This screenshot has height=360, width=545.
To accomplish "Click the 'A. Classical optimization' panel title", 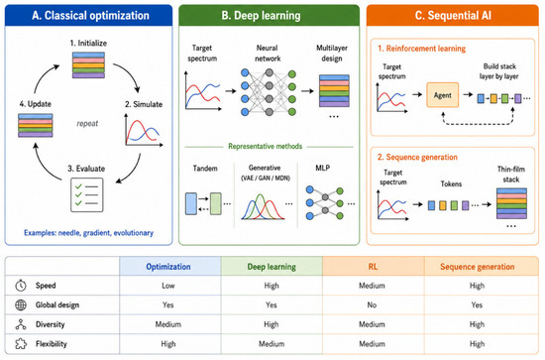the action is pos(90,15).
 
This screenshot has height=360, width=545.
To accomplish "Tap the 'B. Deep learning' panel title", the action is pos(261,15).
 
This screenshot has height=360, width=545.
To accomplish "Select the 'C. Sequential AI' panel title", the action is pos(453,15).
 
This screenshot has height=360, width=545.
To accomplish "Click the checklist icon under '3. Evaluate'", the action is pos(87,194).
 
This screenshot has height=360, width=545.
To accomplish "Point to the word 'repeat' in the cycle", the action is pos(87,124).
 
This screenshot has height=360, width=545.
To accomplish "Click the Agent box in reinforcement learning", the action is pos(443,95).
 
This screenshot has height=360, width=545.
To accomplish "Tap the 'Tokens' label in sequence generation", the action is pos(451,183).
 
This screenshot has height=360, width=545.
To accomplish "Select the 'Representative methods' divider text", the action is pos(266,146).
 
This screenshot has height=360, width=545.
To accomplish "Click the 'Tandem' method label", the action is pos(205,169).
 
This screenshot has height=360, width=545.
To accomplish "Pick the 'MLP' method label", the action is pos(323,168).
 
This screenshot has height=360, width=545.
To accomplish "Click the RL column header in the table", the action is pos(373,267).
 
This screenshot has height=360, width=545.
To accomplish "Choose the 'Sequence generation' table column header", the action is pos(478,267).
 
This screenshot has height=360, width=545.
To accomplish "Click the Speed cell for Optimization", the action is pos(168,286).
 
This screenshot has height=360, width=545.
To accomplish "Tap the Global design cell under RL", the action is pos(372,305).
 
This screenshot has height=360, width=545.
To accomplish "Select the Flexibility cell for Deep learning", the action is pos(272,344).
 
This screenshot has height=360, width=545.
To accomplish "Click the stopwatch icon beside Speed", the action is pos(21,286).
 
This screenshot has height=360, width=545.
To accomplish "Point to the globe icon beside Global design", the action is pos(21,305).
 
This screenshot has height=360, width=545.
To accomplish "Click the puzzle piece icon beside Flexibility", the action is pos(21,344).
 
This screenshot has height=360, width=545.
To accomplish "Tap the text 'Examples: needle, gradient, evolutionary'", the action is pos(88,233).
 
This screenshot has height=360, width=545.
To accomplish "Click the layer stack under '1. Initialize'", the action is pos(88,65).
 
